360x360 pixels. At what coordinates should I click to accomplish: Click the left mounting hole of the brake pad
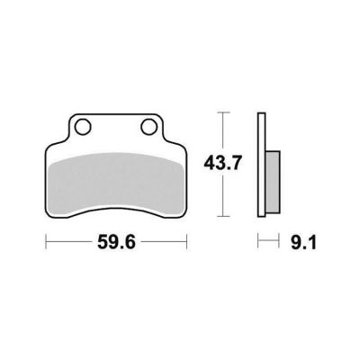(83, 127)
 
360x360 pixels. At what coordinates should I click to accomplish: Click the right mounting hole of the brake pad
(148, 127)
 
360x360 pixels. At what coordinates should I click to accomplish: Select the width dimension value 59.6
(117, 242)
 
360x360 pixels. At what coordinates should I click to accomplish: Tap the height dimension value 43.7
(222, 164)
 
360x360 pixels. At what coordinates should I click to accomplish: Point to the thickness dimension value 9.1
(303, 242)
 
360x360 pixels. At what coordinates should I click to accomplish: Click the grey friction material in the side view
(273, 183)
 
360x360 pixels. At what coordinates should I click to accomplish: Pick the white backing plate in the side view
(262, 165)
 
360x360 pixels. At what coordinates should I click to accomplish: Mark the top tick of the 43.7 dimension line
(222, 112)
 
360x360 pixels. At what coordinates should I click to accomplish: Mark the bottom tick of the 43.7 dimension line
(222, 216)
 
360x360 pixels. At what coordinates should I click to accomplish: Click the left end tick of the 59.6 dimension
(46, 241)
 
